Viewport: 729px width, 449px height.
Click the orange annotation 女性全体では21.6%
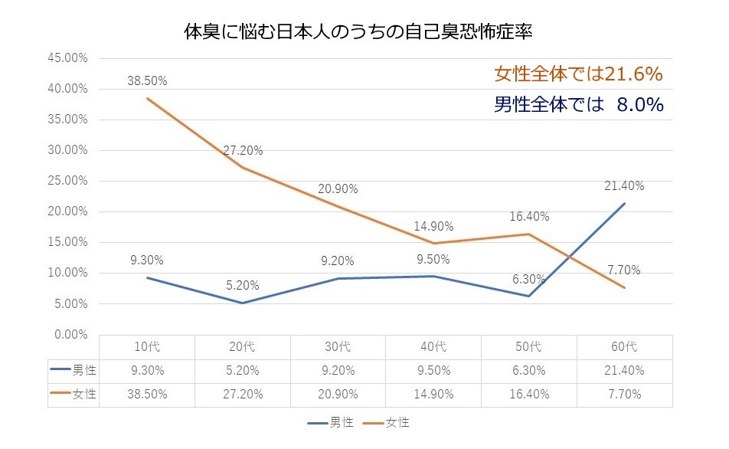click(577, 74)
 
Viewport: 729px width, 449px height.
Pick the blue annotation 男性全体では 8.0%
click(577, 105)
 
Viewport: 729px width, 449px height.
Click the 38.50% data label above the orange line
click(146, 80)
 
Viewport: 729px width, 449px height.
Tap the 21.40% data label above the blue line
click(623, 185)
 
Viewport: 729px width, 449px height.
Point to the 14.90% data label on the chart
click(433, 226)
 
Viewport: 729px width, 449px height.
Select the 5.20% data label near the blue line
click(242, 285)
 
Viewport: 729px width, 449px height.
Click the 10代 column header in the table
click(146, 346)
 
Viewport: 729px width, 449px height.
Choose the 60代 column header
click(624, 346)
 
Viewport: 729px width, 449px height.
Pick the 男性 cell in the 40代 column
click(433, 370)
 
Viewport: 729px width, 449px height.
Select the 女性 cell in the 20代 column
click(242, 394)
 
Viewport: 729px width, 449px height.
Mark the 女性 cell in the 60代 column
click(624, 394)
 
